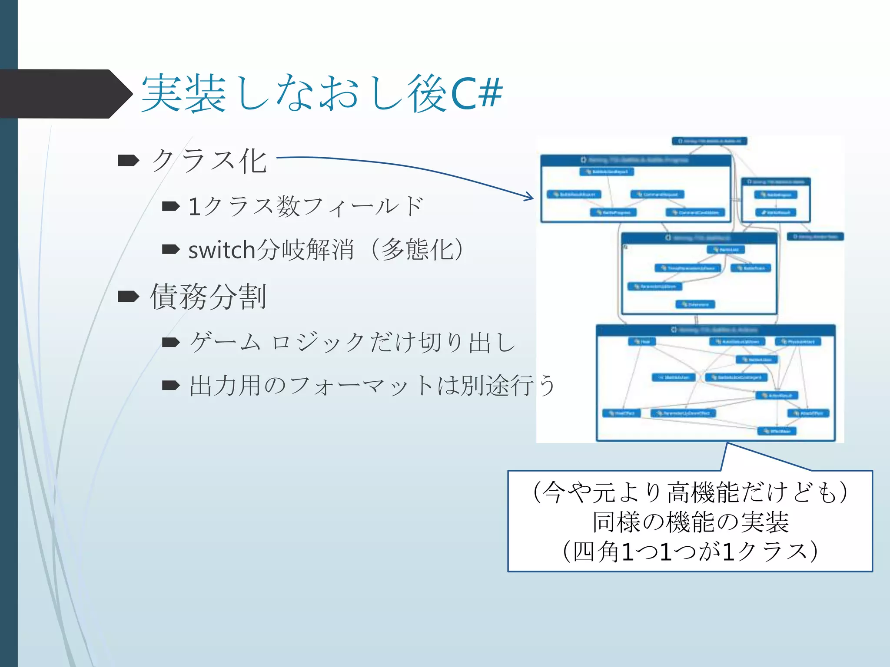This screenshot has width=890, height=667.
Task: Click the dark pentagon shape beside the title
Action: coord(65,94)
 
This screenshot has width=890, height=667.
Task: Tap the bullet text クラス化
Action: coord(209,161)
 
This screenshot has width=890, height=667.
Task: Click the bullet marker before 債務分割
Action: coord(129,297)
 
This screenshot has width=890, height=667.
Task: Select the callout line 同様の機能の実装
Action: coord(691,522)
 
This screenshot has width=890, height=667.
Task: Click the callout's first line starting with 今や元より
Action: coord(691,492)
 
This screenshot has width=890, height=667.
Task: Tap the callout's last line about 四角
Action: coord(691,551)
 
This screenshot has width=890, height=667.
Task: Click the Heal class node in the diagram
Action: coord(642,342)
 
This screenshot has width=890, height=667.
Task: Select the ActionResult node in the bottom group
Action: coord(777,396)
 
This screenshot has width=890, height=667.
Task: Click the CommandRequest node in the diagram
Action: coord(657,195)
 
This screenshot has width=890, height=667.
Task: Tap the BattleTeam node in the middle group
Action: coord(751,268)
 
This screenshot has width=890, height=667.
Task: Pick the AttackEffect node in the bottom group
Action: coord(808,413)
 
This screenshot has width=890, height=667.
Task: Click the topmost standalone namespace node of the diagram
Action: coord(709,141)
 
